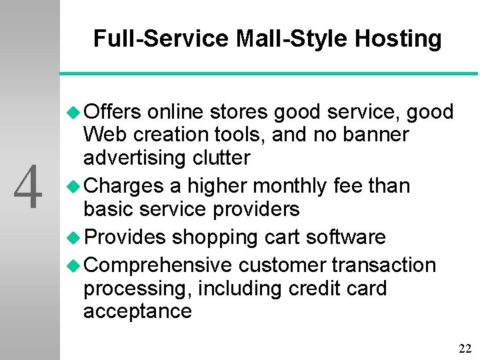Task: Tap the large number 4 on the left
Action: [29, 188]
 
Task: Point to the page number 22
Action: [465, 348]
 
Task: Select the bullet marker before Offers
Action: [75, 112]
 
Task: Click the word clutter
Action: [220, 158]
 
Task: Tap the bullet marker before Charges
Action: [75, 186]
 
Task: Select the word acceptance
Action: [137, 311]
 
